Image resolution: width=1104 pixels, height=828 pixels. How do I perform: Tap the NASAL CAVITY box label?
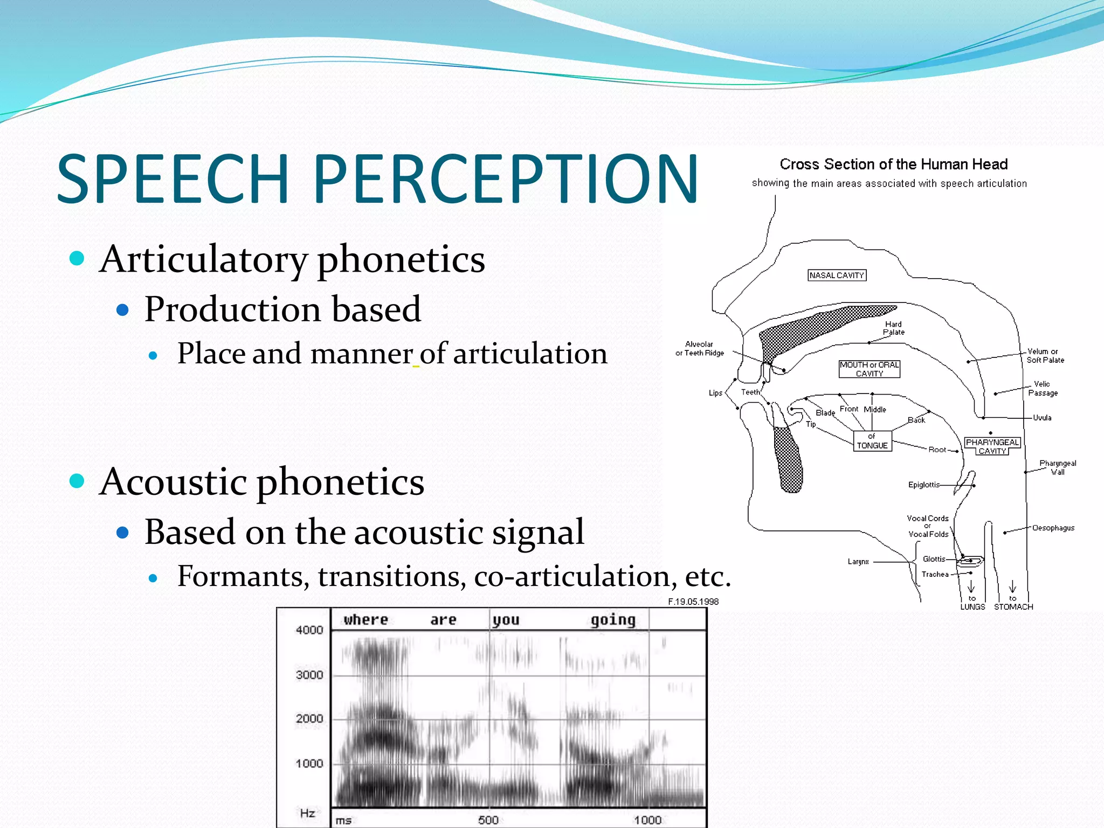coord(837,275)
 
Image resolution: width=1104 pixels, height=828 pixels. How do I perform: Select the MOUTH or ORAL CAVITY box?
coord(869,369)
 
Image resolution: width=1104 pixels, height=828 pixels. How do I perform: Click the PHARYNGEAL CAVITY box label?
coord(992,446)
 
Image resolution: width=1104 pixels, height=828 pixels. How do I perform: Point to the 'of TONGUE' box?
coord(872,441)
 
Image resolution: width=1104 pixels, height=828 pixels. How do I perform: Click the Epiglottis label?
coord(923,485)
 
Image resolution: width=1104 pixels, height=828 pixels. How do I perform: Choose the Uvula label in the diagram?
coord(1041,418)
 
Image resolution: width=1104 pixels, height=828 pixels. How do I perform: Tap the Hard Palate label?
coord(893,328)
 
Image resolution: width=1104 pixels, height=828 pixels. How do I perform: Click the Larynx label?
coord(858,562)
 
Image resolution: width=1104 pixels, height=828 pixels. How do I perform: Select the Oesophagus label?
coord(1053,528)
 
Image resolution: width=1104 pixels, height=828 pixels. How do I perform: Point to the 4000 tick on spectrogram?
coord(309,630)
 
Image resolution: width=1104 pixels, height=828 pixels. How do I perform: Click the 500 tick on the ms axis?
coord(488,820)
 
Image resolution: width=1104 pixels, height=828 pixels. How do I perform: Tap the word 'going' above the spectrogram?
coord(613,620)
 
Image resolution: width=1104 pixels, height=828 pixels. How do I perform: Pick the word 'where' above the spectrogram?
coord(366,620)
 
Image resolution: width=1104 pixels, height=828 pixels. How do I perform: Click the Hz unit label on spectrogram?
coord(307,813)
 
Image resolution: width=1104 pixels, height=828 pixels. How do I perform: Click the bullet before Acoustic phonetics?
coord(77,480)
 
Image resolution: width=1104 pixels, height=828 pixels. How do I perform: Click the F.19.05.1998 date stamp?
coord(693,602)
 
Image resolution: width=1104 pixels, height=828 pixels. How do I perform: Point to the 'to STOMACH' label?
coord(1013,603)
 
